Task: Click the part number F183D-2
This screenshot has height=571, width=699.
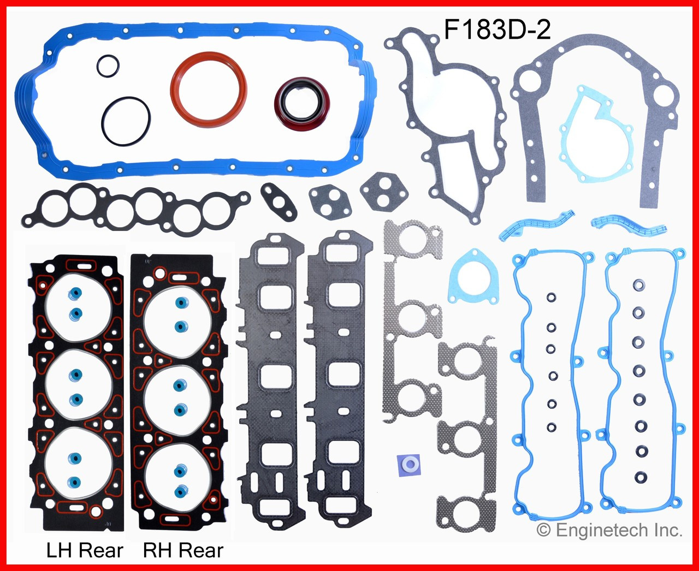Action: (x=496, y=28)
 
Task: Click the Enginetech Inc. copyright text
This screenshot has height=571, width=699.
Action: (x=609, y=530)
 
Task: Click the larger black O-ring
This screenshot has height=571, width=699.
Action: (x=126, y=121)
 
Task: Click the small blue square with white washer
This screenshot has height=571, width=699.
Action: (x=408, y=465)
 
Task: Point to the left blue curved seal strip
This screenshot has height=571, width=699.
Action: (x=535, y=224)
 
